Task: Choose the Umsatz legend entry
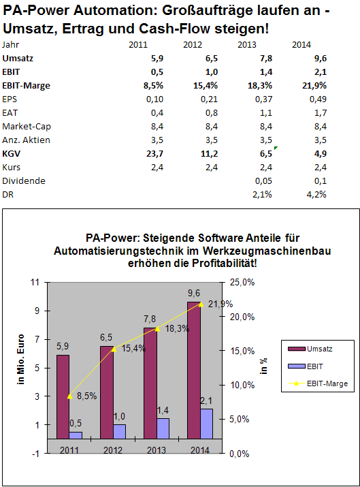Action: [317, 348]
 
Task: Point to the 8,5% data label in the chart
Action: [86, 395]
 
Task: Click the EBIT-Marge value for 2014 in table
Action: [314, 86]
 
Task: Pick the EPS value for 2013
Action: [262, 99]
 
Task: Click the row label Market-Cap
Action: [26, 127]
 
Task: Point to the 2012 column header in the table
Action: [193, 45]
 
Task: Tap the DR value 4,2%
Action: [316, 195]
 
